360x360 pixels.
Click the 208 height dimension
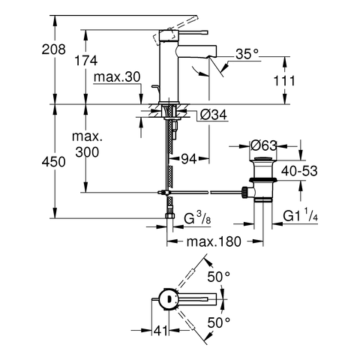pyautogui.click(x=53, y=49)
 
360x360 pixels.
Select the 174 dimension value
pyautogui.click(x=86, y=61)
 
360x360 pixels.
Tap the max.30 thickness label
pyautogui.click(x=117, y=77)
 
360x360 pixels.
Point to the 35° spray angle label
pyautogui.click(x=247, y=54)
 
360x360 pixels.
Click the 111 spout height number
pyautogui.click(x=284, y=81)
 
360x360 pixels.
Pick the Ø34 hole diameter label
pyautogui.click(x=214, y=115)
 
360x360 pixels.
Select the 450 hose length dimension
pyautogui.click(x=53, y=162)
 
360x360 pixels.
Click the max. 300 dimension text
pyautogui.click(x=87, y=144)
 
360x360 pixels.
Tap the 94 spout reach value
pyautogui.click(x=189, y=159)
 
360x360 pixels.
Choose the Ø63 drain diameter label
pyautogui.click(x=264, y=145)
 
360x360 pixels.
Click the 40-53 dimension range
pyautogui.click(x=299, y=171)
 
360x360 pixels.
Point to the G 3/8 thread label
pyautogui.click(x=197, y=217)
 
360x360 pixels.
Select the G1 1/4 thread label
pyautogui.click(x=301, y=215)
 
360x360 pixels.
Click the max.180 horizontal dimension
pyautogui.click(x=214, y=241)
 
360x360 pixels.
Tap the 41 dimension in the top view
pyautogui.click(x=160, y=331)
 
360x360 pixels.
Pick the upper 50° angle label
pyautogui.click(x=219, y=277)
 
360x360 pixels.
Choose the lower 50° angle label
pyautogui.click(x=219, y=322)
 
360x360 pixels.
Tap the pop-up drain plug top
pyautogui.click(x=263, y=158)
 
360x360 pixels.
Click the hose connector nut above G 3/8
pyautogui.click(x=170, y=216)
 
